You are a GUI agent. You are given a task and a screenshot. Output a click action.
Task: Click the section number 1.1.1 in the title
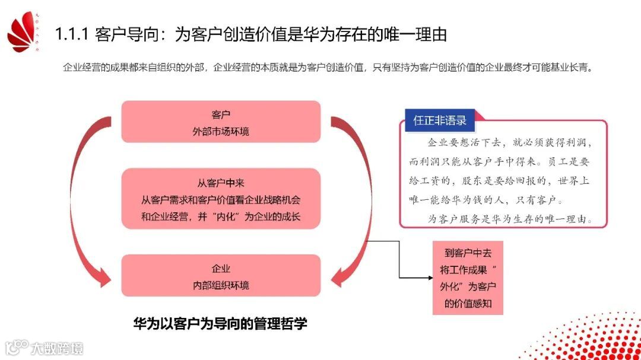click(71, 34)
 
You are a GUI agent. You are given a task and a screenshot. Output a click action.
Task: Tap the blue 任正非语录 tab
click(440, 120)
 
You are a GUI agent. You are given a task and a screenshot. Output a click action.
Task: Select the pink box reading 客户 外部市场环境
click(221, 122)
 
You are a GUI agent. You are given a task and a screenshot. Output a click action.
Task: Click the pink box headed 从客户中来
click(221, 199)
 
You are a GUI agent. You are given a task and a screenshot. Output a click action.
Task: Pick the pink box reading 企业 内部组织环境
click(221, 276)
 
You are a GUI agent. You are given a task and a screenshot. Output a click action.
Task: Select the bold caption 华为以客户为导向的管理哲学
click(220, 324)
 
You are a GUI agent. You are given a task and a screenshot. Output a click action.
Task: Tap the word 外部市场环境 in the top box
click(221, 131)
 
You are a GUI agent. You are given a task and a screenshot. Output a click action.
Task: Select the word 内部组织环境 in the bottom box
click(221, 285)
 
